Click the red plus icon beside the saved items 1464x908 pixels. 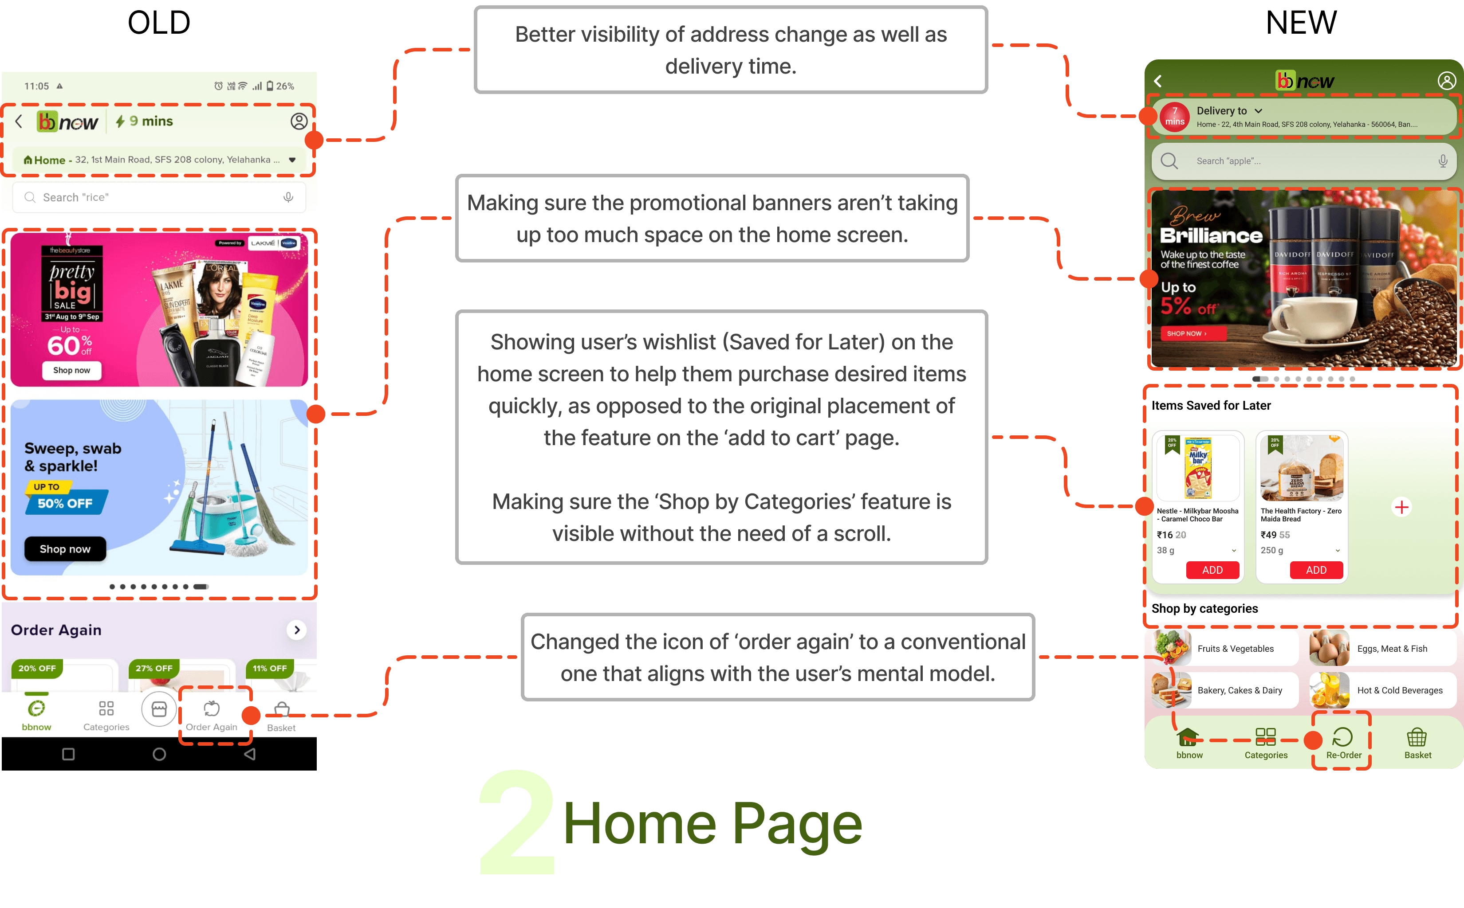point(1401,508)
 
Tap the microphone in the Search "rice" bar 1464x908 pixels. point(288,198)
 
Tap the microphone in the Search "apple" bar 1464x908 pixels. point(1442,161)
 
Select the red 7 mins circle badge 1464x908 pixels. point(1174,117)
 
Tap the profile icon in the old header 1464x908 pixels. point(299,121)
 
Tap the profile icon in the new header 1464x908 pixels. point(1446,81)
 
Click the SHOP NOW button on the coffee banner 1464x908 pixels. point(1186,333)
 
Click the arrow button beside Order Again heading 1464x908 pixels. point(297,630)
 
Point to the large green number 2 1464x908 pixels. point(517,823)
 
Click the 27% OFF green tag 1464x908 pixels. point(154,669)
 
